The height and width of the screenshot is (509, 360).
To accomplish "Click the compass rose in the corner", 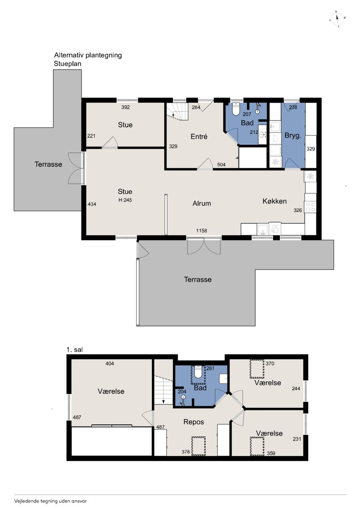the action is click(x=337, y=19).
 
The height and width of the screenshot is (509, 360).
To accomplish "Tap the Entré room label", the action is click(x=199, y=136).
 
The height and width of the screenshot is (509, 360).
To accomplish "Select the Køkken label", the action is click(x=274, y=201).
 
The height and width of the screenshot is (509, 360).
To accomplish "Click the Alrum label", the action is click(x=202, y=203).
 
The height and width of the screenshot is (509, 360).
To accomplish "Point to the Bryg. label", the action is click(x=293, y=136).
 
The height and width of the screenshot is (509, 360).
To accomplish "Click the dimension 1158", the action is click(x=202, y=231).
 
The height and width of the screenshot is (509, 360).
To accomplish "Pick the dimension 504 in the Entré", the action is click(x=221, y=165).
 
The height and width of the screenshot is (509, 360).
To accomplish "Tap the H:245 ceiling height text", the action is click(x=125, y=200).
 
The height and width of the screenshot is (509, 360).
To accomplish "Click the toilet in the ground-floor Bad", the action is click(x=235, y=109).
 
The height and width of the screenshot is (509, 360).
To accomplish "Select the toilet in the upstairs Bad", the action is click(x=198, y=372).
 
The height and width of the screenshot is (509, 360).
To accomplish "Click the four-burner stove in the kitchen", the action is click(x=310, y=207).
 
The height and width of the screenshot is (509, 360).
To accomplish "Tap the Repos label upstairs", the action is click(x=194, y=422).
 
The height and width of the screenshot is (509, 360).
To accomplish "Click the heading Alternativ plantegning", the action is click(x=88, y=55).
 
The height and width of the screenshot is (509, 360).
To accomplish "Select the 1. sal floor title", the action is click(x=74, y=350).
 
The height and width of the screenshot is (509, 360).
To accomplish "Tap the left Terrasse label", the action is click(x=49, y=164).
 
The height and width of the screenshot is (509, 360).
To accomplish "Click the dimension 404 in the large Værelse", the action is click(x=110, y=363).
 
